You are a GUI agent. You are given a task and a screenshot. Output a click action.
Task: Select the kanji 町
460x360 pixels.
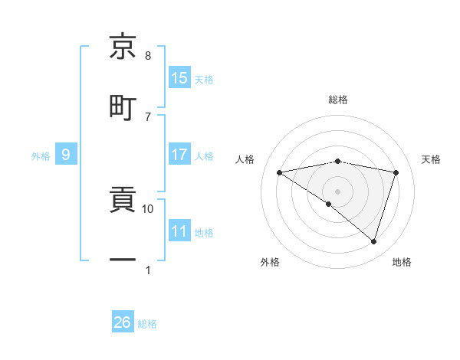(123, 106)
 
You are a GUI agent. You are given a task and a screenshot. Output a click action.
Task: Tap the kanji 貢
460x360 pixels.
(123, 201)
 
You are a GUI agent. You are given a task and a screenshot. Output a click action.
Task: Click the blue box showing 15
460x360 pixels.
(179, 78)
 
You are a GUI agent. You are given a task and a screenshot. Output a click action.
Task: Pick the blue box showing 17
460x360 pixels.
(179, 155)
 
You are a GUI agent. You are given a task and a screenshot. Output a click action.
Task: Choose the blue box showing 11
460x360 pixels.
(179, 232)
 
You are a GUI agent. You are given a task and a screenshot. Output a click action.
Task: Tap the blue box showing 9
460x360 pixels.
(66, 155)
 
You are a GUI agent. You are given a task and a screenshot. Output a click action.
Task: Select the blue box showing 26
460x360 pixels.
(123, 322)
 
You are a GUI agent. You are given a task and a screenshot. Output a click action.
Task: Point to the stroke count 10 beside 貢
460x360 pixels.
(148, 208)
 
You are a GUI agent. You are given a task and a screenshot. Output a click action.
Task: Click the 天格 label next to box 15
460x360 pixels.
(204, 79)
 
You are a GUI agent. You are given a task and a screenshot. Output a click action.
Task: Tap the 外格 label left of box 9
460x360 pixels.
(41, 156)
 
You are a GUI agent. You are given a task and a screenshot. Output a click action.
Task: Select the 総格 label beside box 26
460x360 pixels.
(147, 324)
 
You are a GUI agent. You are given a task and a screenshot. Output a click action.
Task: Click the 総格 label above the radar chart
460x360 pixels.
(338, 100)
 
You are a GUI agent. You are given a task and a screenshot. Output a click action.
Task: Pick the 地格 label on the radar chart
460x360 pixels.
(402, 262)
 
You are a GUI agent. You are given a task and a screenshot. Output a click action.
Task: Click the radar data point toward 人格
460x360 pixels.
(280, 172)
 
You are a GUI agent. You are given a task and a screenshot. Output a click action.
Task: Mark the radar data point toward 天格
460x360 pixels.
(396, 172)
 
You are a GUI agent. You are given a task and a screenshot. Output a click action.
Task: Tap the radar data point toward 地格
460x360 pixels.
(373, 241)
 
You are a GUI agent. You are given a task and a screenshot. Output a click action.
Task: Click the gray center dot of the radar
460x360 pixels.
(338, 191)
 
